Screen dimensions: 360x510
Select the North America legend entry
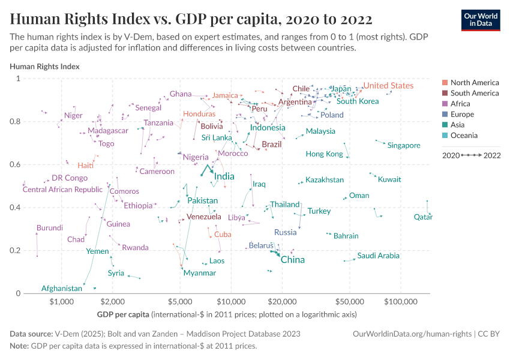tap(474, 83)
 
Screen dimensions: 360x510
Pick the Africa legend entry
tap(461, 104)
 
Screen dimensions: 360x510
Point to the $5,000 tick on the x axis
tap(179, 301)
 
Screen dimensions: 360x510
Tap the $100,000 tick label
tap(401, 301)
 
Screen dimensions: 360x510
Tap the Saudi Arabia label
tap(378, 256)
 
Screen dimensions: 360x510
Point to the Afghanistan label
tap(61, 289)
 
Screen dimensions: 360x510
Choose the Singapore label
tap(403, 145)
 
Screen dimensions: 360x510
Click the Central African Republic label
tap(62, 190)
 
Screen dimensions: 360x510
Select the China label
tap(292, 260)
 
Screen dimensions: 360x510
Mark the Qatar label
tap(423, 217)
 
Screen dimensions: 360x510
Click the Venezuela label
tap(203, 217)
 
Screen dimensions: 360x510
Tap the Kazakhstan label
tap(324, 180)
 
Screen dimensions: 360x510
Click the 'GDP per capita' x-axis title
tap(123, 314)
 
